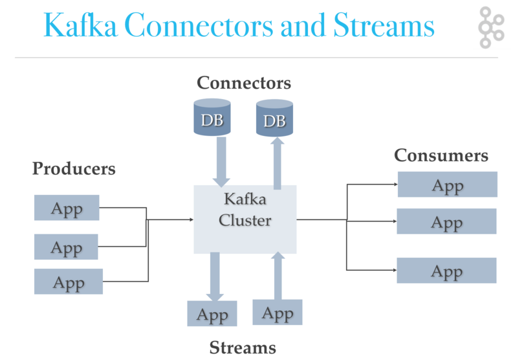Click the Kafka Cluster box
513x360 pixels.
point(245,219)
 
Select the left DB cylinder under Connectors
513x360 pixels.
point(212,118)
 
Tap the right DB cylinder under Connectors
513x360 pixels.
point(275,118)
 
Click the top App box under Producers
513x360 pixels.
point(67,208)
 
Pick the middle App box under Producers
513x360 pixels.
point(66,247)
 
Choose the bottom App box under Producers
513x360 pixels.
point(69,282)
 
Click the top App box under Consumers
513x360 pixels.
point(447,185)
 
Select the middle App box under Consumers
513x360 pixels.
point(446,221)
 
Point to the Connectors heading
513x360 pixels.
point(244,83)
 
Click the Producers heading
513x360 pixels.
point(74,168)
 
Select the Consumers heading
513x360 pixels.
point(441,155)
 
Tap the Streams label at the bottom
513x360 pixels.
point(243,348)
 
